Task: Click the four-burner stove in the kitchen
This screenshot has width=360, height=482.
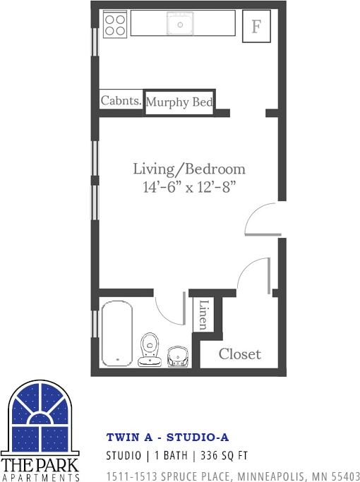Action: pos(115,25)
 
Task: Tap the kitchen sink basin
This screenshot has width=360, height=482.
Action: pos(180,25)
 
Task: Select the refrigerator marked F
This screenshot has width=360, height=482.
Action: pos(256,28)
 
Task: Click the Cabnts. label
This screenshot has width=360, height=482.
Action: pos(121,101)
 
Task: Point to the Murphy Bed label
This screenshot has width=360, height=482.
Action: pos(179,102)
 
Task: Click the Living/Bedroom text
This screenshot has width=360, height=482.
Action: pos(189,169)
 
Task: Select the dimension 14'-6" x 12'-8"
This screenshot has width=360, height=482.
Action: pos(189,187)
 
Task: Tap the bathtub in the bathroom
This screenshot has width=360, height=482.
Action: pos(116,333)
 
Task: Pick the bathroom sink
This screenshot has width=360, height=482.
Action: pos(177,356)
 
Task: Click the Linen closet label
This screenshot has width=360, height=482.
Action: pos(203,315)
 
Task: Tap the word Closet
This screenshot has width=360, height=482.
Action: pos(239,354)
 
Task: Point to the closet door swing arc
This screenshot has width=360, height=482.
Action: pos(253,272)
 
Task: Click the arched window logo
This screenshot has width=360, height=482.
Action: pos(41,418)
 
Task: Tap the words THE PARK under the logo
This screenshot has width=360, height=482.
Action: pos(40,466)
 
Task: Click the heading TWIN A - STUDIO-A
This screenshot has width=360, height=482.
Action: pos(167,438)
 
